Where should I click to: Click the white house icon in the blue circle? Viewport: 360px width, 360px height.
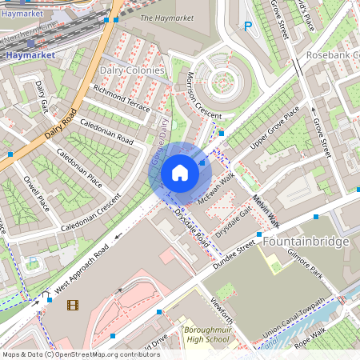tap(179, 173)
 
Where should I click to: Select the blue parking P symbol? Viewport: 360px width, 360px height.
tap(247, 26)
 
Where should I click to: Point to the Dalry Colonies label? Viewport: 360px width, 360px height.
tap(131, 70)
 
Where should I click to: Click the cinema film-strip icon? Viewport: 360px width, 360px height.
tap(73, 305)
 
